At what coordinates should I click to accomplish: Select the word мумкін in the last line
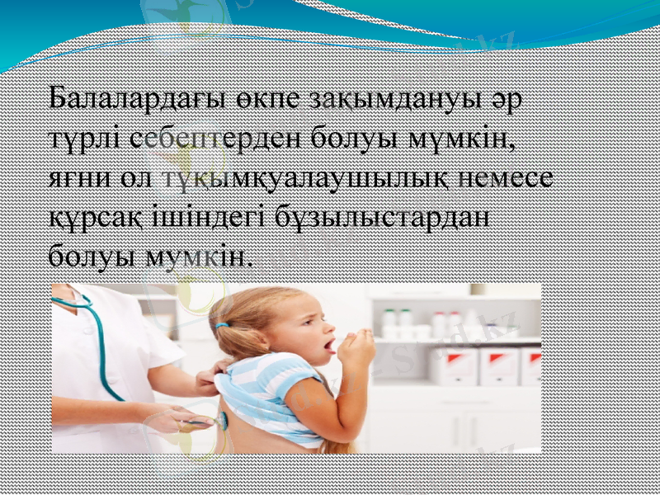pyautogui.click(x=197, y=257)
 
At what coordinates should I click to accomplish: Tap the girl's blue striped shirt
pyautogui.click(x=264, y=396)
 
